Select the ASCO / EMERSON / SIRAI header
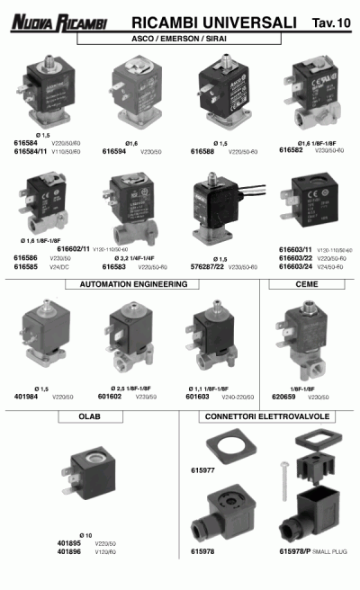point(179,40)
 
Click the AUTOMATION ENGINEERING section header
point(133,284)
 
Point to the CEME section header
point(306,284)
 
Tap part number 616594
point(121,152)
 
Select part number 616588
point(205,152)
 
